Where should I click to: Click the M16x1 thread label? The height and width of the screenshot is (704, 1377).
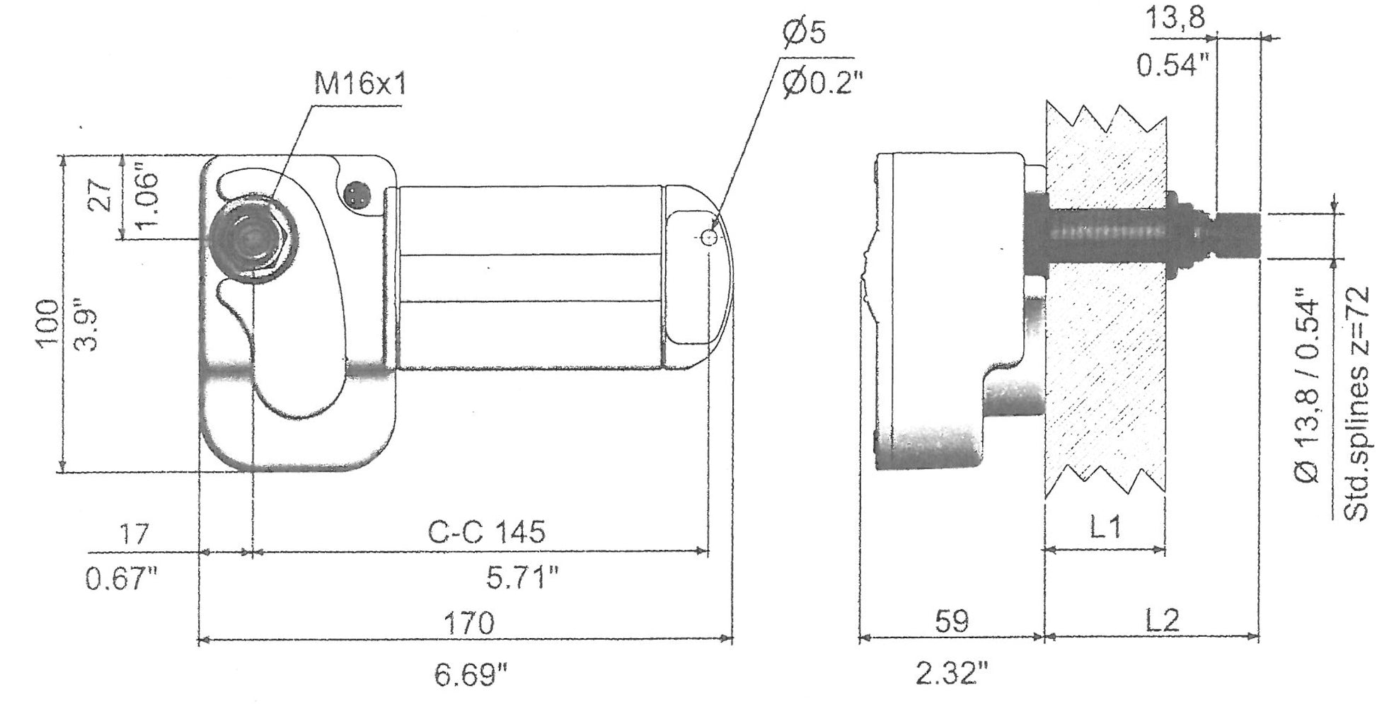tap(360, 86)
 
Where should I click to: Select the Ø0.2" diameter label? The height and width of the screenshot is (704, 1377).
tap(823, 86)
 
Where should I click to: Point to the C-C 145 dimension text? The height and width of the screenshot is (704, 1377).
tap(487, 531)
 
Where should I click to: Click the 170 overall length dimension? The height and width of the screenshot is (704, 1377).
tap(468, 623)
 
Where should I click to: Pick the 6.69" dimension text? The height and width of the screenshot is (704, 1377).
tap(472, 676)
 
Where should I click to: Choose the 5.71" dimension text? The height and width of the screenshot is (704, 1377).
tap(522, 579)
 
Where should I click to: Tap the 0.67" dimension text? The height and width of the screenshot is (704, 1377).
tap(122, 579)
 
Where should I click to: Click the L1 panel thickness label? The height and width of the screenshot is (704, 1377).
tap(1104, 527)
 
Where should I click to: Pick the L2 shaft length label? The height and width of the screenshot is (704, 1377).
tap(1162, 621)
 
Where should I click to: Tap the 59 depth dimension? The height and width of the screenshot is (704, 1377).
tap(950, 622)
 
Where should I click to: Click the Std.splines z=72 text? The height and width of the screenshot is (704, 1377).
tap(1356, 403)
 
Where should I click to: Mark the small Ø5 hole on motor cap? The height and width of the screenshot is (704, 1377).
tap(708, 238)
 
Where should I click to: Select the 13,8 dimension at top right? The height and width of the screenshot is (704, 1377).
tap(1175, 18)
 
